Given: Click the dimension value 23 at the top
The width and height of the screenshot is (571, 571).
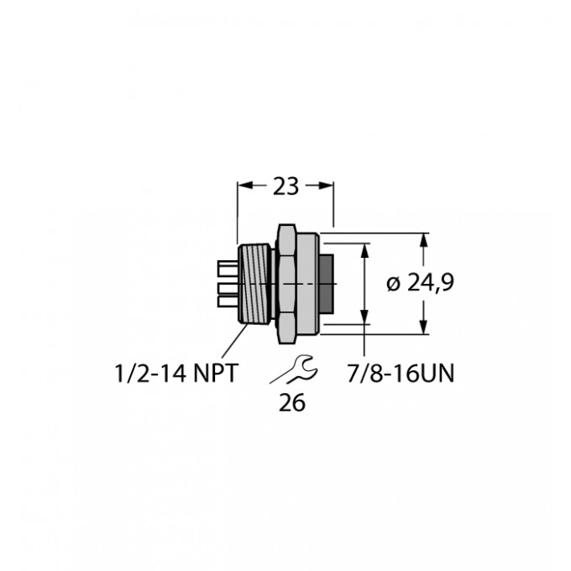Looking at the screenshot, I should click(286, 187).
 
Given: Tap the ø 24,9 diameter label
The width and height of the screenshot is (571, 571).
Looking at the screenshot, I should click(420, 284).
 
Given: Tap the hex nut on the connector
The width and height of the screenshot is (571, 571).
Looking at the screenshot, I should click(286, 284).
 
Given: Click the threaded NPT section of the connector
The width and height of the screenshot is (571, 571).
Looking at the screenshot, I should click(255, 284).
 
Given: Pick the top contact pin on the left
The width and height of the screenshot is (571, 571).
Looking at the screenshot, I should click(227, 269).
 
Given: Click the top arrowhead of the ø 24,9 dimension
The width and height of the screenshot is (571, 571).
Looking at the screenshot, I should click(424, 239).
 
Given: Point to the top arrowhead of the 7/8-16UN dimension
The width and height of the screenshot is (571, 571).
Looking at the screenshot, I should click(365, 249).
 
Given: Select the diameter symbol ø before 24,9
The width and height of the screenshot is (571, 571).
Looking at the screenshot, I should click(392, 284).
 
